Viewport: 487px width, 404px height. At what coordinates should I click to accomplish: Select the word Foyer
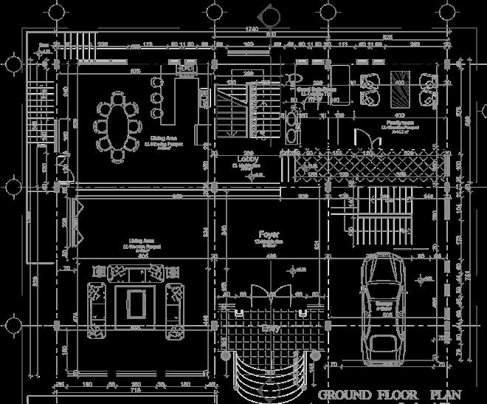click(268, 233)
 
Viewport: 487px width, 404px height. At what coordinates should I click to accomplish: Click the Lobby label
click(246, 160)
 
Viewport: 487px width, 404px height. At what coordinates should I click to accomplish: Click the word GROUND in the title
click(345, 395)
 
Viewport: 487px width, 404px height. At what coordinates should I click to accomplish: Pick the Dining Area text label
click(164, 139)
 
